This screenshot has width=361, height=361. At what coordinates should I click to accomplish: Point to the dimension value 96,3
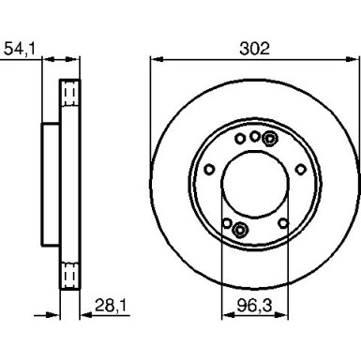coord(252,304)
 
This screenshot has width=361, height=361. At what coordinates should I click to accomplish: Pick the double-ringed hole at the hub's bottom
coord(240,230)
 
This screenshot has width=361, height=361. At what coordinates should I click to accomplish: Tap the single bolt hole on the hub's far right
coord(300,170)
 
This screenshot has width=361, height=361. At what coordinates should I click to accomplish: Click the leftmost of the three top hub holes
coord(240,142)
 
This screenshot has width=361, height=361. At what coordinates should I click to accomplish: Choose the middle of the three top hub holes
coord(255,135)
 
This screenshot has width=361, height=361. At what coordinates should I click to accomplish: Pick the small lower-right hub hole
coord(284,222)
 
